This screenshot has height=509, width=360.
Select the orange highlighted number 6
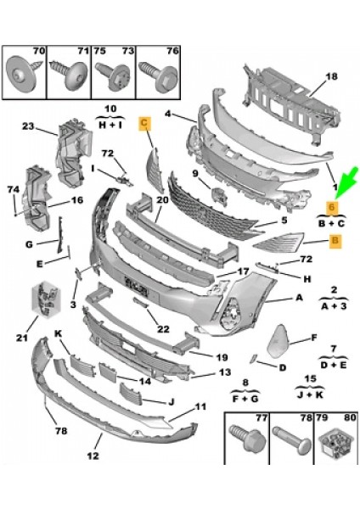point(333,207)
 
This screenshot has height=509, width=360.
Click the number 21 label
point(21,338)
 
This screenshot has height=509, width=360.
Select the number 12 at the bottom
point(92,456)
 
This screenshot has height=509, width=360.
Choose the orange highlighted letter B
point(335,241)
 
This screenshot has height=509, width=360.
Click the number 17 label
point(243,272)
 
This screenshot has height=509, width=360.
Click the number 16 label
point(76,201)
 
